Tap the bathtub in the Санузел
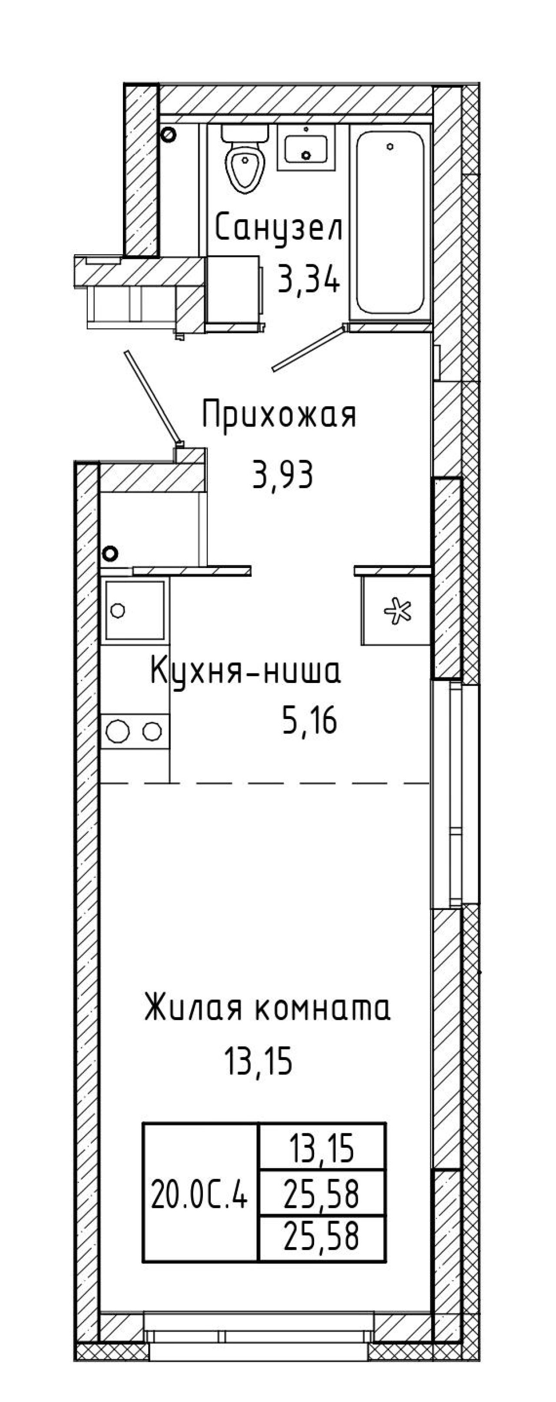(390, 223)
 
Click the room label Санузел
(279, 228)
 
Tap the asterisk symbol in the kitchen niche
(397, 611)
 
